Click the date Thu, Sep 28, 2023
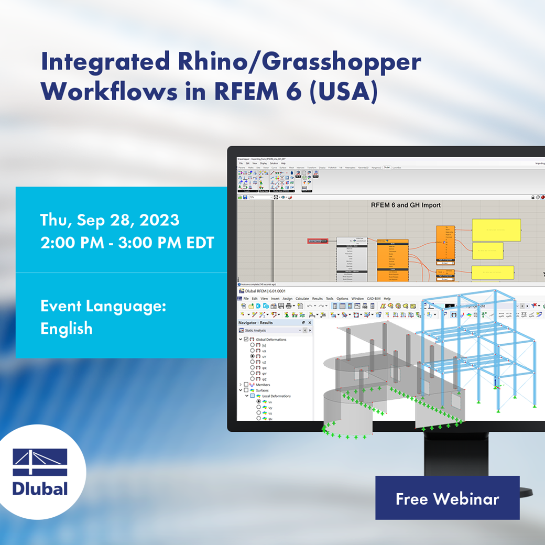pyautogui.click(x=110, y=220)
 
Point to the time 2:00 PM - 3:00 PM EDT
pyautogui.click(x=127, y=243)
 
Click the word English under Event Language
pyautogui.click(x=67, y=329)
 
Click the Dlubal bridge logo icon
pyautogui.click(x=40, y=462)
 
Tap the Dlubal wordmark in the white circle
pyautogui.click(x=40, y=488)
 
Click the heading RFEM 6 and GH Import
pyautogui.click(x=399, y=205)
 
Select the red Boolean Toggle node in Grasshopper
pyautogui.click(x=318, y=241)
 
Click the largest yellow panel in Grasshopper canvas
pyautogui.click(x=496, y=229)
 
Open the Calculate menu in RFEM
pyautogui.click(x=302, y=298)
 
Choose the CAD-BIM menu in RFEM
pyautogui.click(x=374, y=298)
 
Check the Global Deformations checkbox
pyautogui.click(x=246, y=340)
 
